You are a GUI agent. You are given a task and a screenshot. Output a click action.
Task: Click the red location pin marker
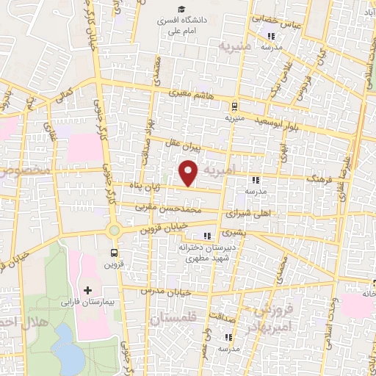(x=190, y=173)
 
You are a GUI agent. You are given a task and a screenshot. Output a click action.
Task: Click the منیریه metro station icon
(x=234, y=106)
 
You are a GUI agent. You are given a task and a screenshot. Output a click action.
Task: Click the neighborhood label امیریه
(x=220, y=170)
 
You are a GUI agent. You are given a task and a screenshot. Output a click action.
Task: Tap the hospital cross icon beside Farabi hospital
(x=88, y=290)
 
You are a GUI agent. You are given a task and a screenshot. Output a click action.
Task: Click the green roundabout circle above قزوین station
(x=114, y=231)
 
